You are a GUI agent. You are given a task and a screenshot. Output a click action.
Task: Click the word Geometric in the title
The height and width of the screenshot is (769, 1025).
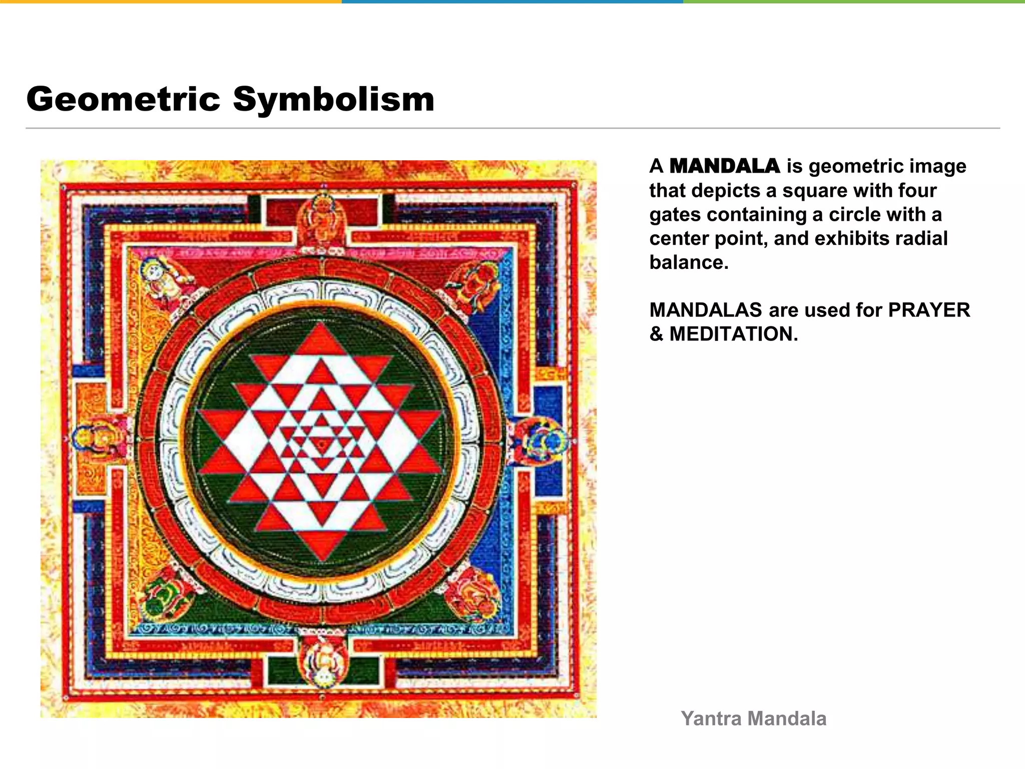point(123,99)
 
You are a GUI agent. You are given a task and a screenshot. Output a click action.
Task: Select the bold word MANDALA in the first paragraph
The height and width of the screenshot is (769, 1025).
point(724,166)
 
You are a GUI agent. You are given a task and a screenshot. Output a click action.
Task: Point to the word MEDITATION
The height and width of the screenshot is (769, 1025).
point(733,334)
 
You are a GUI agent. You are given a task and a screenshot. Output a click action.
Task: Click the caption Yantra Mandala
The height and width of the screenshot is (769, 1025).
point(753,718)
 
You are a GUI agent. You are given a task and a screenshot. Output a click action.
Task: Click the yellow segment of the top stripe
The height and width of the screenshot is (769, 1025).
point(170,2)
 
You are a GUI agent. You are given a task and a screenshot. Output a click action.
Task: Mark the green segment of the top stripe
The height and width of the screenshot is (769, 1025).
point(854,2)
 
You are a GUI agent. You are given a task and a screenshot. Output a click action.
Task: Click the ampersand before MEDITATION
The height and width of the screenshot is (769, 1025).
point(656,334)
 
